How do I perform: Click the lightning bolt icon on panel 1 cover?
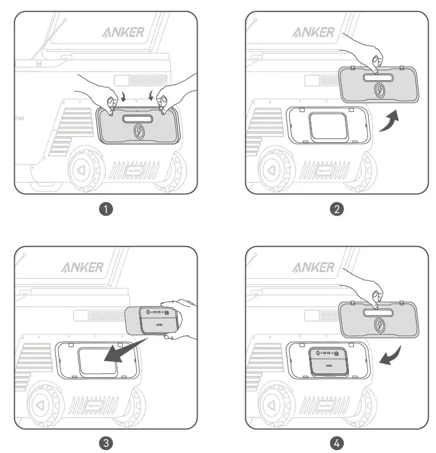tap(139, 132)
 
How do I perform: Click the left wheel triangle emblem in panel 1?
tap(83, 170)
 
